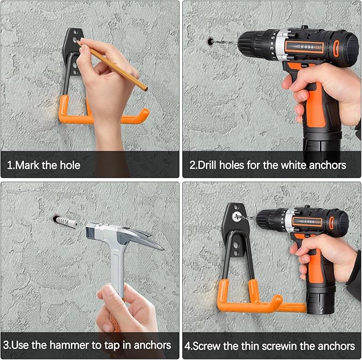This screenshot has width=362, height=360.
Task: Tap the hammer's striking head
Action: (93, 231)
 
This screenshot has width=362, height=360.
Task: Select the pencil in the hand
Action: (113, 66)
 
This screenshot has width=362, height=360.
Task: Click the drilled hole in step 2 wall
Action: (210, 42)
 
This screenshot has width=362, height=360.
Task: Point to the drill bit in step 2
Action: (225, 43)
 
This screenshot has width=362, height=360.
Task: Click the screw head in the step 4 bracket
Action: (236, 217)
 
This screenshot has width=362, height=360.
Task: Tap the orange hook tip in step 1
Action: (144, 114)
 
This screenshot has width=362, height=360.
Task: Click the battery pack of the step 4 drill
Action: (321, 300)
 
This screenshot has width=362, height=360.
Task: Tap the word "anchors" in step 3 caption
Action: (152, 345)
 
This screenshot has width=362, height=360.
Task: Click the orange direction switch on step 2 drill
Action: (336, 47)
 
